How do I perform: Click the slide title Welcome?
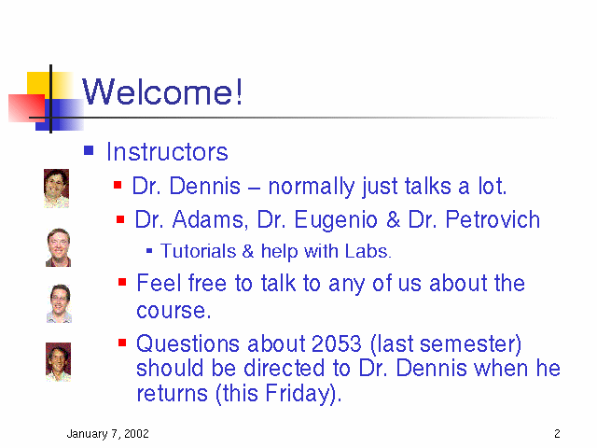[162, 91]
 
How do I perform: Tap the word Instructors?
[167, 152]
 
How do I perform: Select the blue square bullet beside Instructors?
[89, 150]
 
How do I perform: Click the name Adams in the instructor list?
[208, 220]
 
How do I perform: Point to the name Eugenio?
[336, 221]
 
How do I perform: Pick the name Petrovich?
[493, 220]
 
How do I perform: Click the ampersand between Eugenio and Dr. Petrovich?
[393, 220]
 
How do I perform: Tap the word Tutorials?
[198, 251]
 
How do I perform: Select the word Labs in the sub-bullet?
[368, 251]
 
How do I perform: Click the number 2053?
[336, 343]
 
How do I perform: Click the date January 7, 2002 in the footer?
[108, 434]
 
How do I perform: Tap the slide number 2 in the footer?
[557, 433]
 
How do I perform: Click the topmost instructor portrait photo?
[56, 189]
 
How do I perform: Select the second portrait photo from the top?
[58, 247]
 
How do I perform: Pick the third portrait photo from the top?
[59, 303]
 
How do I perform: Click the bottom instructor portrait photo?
[58, 362]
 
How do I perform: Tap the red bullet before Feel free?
[122, 282]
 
